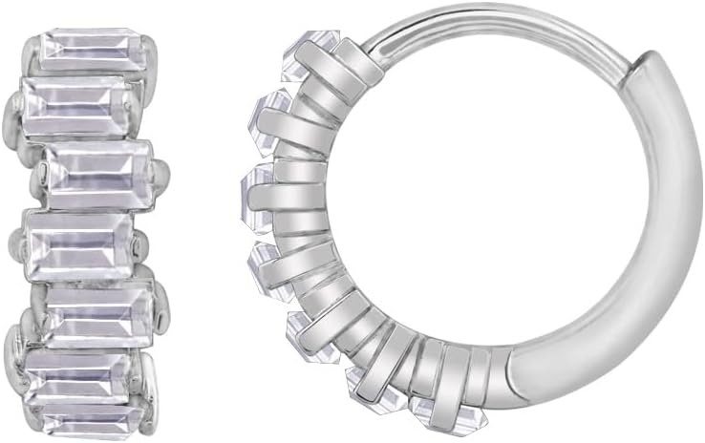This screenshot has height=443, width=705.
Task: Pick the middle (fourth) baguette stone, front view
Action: (x=78, y=244)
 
